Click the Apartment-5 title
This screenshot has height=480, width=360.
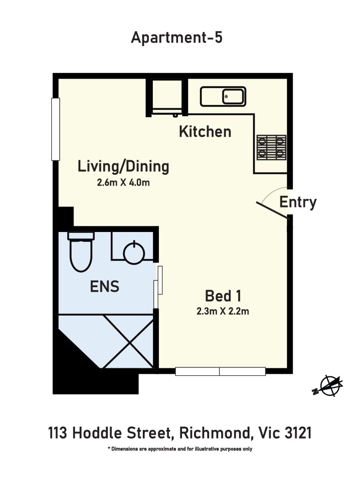(x=177, y=38)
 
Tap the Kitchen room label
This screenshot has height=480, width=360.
(x=205, y=132)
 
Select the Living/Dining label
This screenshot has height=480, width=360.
(x=123, y=167)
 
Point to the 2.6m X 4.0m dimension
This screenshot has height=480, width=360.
(x=123, y=182)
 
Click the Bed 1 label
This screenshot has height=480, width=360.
(x=223, y=296)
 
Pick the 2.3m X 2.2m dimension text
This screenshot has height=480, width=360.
(x=223, y=311)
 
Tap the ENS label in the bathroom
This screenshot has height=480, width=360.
(x=105, y=286)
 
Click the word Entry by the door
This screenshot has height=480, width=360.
(x=298, y=202)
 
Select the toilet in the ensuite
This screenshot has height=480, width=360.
(x=81, y=252)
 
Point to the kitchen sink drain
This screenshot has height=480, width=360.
(x=226, y=96)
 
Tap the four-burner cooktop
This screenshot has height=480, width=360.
(x=272, y=148)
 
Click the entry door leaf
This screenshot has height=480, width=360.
(x=272, y=210)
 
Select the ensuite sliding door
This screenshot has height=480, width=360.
(x=158, y=287)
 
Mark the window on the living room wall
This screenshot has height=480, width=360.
(x=56, y=129)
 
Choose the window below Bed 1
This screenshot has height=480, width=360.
(x=220, y=372)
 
